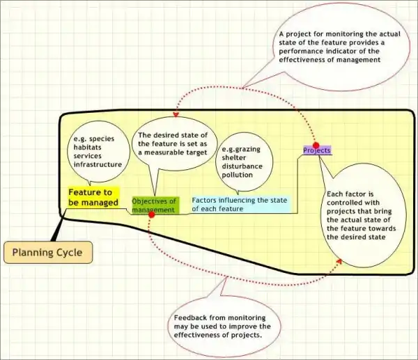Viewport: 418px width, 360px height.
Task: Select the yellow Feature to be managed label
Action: (94, 197)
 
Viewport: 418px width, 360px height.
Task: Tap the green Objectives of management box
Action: (155, 205)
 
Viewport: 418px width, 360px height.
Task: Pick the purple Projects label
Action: (317, 150)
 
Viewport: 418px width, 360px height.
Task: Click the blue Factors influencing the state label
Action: (240, 204)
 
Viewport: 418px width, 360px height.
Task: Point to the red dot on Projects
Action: (316, 146)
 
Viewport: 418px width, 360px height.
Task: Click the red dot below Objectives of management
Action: (151, 214)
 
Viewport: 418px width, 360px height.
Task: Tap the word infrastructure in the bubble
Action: (98, 164)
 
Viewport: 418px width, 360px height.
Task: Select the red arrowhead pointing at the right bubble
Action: (339, 261)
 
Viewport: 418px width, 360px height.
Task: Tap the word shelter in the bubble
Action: (235, 158)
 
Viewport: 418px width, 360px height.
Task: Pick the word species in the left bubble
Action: (107, 139)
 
